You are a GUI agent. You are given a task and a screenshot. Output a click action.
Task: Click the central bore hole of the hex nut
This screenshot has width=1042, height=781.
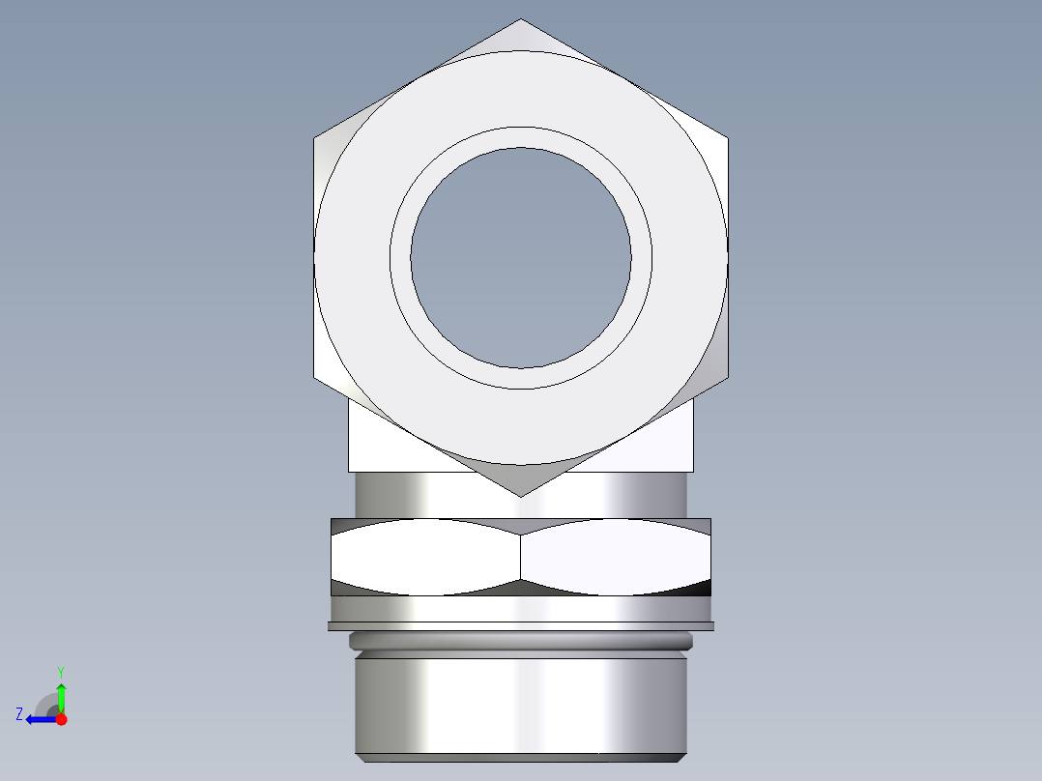pos(521,258)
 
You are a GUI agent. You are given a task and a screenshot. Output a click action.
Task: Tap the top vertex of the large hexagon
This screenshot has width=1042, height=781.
pos(521,19)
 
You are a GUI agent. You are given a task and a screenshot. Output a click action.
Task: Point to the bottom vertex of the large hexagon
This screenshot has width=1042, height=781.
pos(521,496)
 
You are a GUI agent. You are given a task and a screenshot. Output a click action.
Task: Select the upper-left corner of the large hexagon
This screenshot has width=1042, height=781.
pos(315,138)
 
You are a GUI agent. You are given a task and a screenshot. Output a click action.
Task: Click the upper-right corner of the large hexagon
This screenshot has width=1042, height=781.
pos(727,138)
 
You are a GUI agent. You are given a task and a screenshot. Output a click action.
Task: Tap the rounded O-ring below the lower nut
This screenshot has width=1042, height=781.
pos(521,641)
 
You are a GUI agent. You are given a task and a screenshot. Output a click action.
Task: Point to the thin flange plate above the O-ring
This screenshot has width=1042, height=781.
pos(521,626)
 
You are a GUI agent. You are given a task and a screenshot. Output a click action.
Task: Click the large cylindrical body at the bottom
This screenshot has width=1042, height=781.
pos(521,706)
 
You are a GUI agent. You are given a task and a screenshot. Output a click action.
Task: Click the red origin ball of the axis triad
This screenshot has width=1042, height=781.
pos(61,719)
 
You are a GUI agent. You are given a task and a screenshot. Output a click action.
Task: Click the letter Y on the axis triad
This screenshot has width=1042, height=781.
pos(60,671)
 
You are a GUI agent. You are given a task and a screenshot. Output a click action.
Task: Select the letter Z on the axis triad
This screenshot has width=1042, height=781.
pos(19,714)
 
